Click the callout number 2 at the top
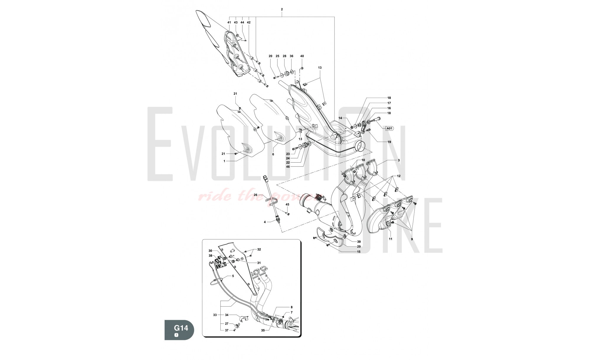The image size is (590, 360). (282, 9)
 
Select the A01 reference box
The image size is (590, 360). (389, 128)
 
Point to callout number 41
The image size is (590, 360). (229, 22)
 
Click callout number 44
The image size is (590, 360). (242, 22)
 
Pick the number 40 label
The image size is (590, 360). (302, 56)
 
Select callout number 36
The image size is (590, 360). (291, 56)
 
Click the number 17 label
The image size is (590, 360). (389, 103)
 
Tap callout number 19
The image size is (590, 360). (389, 142)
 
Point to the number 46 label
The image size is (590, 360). (288, 167)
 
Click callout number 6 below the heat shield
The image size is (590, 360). (273, 154)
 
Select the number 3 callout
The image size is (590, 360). (399, 160)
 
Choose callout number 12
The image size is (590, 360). (399, 176)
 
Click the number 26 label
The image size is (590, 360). (256, 195)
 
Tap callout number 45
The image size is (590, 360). (287, 204)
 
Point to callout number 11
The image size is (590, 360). (390, 239)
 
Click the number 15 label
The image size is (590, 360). (359, 252)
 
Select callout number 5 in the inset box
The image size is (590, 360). (233, 276)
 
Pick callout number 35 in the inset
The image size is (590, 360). (263, 331)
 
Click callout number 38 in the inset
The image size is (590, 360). (210, 256)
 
